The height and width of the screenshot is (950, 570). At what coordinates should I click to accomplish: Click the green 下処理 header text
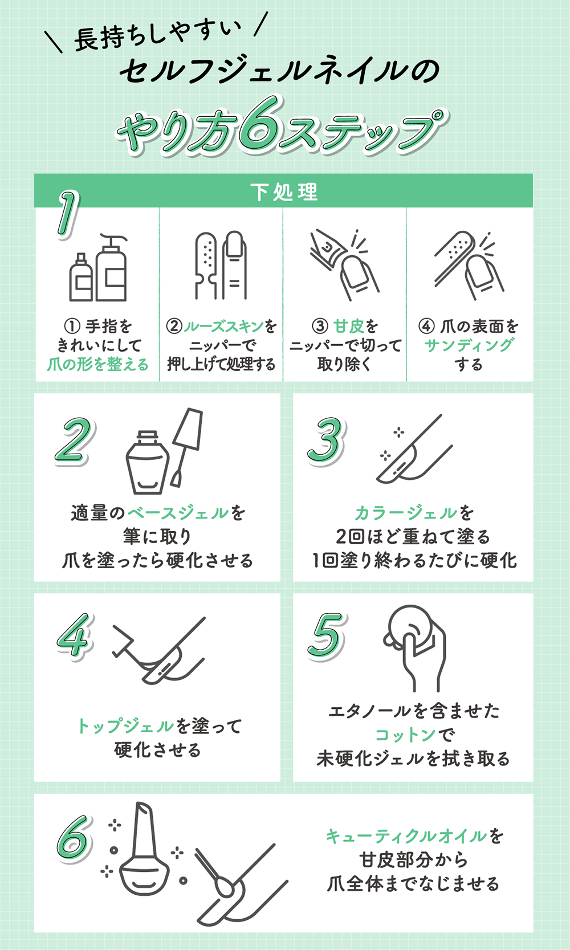coord(284,192)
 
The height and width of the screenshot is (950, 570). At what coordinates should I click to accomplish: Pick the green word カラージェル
coord(405,513)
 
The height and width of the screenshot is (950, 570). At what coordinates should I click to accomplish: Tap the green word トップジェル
coord(125,726)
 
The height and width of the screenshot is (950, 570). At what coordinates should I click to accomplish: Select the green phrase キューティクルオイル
coord(406,836)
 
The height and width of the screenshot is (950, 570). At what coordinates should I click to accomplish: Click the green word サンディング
coord(469,345)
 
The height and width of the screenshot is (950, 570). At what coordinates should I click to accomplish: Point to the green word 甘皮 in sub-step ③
coord(348,326)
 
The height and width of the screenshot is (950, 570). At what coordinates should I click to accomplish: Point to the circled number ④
coord(426,326)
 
